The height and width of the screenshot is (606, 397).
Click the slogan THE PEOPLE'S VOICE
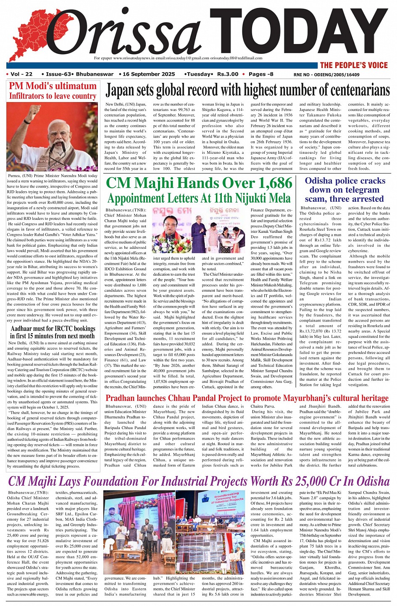click(353, 65)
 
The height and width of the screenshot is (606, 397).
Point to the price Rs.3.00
click(227, 74)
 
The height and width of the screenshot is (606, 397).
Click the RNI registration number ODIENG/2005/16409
click(326, 75)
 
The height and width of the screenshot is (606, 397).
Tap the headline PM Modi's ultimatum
click(53, 86)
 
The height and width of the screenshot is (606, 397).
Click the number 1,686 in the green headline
click(271, 183)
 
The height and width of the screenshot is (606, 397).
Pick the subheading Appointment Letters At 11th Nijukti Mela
click(199, 198)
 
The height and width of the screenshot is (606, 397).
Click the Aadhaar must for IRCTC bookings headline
click(53, 332)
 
